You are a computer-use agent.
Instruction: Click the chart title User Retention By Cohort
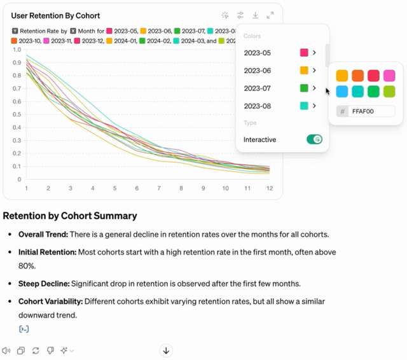(x=55, y=15)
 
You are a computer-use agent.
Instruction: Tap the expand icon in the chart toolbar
(x=270, y=15)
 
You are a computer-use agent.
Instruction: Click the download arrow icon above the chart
(x=255, y=15)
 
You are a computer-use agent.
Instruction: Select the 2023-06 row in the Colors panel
(x=258, y=71)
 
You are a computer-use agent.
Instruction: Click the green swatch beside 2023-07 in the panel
(x=304, y=88)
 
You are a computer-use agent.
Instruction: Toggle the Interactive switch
(x=314, y=139)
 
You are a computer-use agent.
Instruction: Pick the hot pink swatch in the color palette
(x=389, y=76)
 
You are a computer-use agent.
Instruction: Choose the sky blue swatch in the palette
(x=342, y=92)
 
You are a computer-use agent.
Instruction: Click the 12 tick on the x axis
(x=270, y=188)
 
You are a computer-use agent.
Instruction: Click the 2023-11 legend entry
(x=57, y=41)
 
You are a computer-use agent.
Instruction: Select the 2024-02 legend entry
(x=156, y=41)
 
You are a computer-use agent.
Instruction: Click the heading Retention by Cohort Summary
(x=70, y=216)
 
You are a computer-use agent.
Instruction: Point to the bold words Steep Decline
(x=43, y=283)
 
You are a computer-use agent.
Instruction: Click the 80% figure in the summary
(x=27, y=266)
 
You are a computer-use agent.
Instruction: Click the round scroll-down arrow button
(x=166, y=350)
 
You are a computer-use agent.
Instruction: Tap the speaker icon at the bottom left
(x=6, y=350)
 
